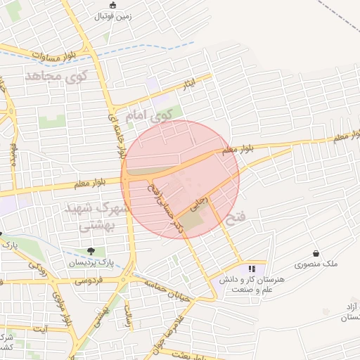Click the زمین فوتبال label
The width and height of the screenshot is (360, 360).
tap(112, 15)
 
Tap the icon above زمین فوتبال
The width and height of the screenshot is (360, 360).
tap(113, 6)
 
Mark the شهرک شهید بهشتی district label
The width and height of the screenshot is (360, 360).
tap(96, 217)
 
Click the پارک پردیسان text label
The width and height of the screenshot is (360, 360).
tap(91, 262)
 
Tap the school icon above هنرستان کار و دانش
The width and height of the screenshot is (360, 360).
tap(252, 269)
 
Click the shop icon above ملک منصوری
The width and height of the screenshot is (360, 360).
tap(316, 254)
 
